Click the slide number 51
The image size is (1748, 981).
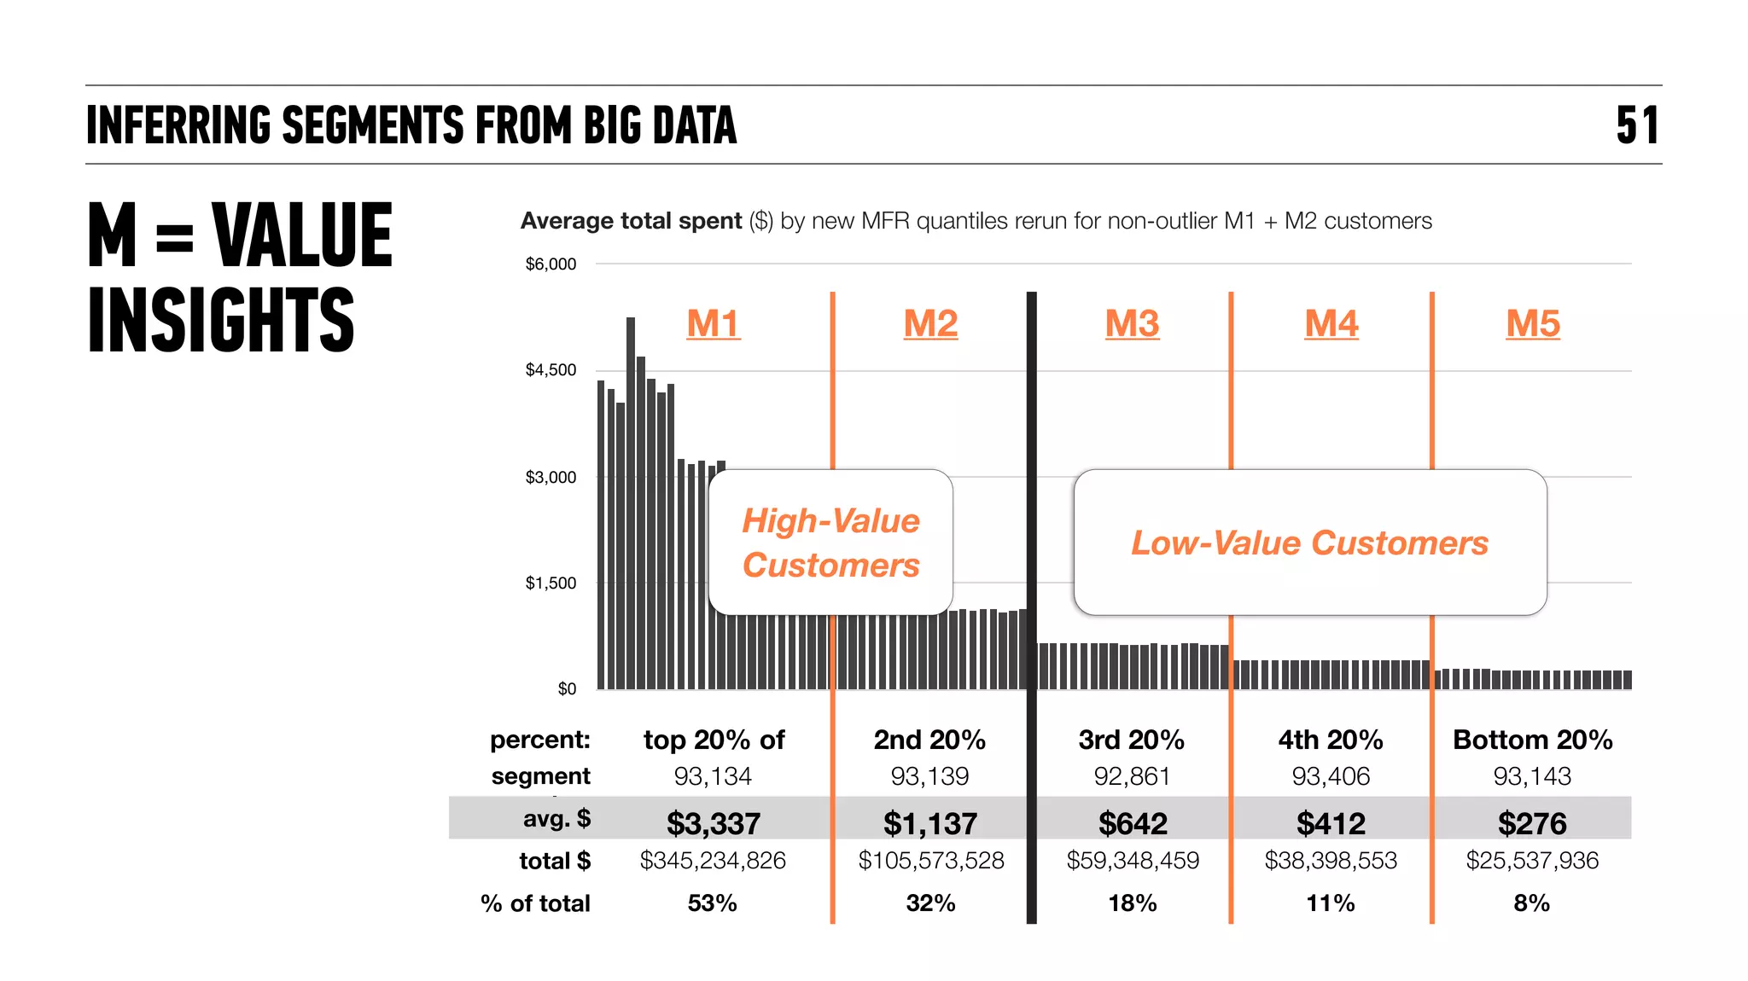1636,125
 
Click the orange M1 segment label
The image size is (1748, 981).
714,324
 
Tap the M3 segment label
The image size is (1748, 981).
1132,324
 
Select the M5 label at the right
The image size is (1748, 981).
1532,324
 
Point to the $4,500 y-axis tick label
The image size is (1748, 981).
551,370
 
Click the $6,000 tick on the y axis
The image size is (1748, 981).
551,264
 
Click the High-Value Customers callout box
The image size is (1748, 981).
830,543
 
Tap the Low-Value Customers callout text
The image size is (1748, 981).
1309,543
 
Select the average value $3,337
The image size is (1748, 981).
713,823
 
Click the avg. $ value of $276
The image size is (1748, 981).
1532,823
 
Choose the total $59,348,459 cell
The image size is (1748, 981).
1133,861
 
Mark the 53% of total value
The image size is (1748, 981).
712,903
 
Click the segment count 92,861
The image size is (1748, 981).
1132,776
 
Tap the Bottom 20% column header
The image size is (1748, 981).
1532,740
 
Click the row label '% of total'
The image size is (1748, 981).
535,903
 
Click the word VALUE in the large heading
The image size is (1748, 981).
302,235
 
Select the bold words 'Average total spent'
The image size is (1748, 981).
631,221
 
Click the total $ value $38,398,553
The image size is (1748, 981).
1331,861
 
